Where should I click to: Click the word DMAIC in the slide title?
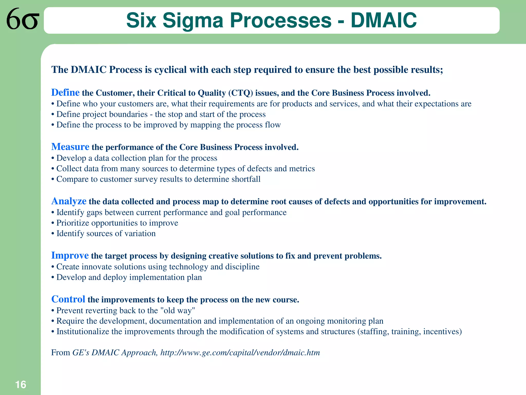(384, 21)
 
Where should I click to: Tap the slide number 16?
(21, 385)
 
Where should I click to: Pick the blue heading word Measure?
(70, 147)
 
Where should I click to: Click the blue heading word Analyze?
(69, 201)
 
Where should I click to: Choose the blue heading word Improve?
(70, 256)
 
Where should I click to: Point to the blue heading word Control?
(68, 299)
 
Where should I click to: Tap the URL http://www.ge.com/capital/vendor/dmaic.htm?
(240, 353)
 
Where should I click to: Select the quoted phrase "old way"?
(177, 311)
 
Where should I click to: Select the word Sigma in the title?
(193, 21)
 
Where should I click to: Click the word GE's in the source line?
(81, 353)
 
